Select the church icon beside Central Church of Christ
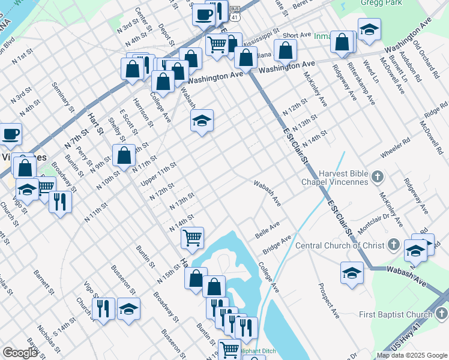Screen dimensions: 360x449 click(393, 244)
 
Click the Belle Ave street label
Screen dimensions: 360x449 click(268, 229)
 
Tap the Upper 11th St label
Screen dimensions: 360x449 click(158, 172)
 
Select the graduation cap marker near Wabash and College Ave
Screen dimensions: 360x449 click(202, 121)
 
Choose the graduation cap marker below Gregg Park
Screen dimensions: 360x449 click(369, 29)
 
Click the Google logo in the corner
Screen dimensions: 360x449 click(20, 353)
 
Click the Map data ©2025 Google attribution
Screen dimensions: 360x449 click(412, 355)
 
